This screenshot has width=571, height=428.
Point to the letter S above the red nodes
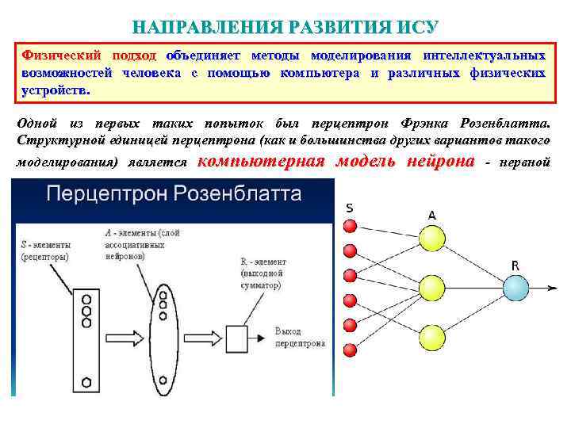click(x=350, y=208)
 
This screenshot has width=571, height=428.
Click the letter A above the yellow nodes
click(x=431, y=215)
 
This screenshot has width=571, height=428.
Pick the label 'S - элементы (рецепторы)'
click(x=45, y=251)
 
